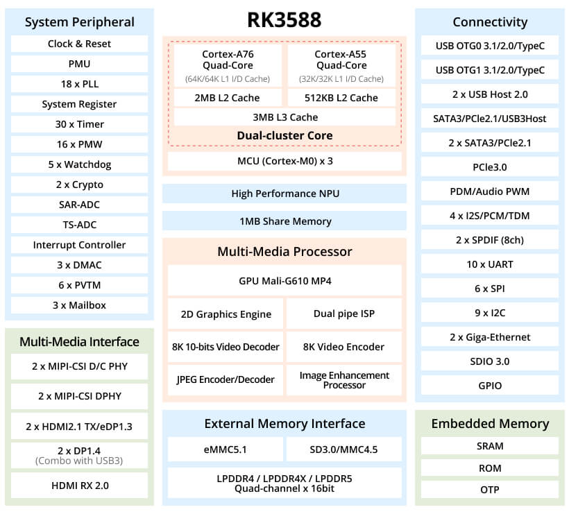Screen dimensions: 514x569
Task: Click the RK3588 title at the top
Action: click(284, 19)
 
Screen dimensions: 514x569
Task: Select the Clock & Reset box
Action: click(79, 44)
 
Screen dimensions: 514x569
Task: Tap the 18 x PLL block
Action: click(79, 84)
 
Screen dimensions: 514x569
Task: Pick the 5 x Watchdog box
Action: click(79, 164)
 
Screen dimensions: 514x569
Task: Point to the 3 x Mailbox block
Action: click(79, 305)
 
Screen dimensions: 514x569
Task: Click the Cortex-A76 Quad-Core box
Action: click(227, 65)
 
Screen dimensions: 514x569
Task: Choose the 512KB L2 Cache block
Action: click(341, 98)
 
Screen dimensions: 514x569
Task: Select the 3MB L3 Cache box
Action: click(284, 117)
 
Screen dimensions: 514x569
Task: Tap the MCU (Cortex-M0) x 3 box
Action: click(284, 162)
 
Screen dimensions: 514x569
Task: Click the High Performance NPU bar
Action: click(284, 194)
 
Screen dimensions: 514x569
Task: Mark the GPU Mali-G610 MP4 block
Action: click(284, 280)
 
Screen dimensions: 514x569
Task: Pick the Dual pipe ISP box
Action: click(343, 314)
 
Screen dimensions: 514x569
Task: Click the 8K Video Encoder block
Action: click(343, 346)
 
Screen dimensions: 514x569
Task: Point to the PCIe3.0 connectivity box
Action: click(489, 167)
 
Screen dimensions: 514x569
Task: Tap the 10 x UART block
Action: click(489, 264)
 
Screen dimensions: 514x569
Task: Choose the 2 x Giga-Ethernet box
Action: click(489, 337)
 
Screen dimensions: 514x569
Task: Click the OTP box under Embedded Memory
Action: click(489, 490)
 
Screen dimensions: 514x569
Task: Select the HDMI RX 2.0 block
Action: click(79, 486)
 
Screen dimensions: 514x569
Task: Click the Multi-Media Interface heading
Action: click(79, 341)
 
